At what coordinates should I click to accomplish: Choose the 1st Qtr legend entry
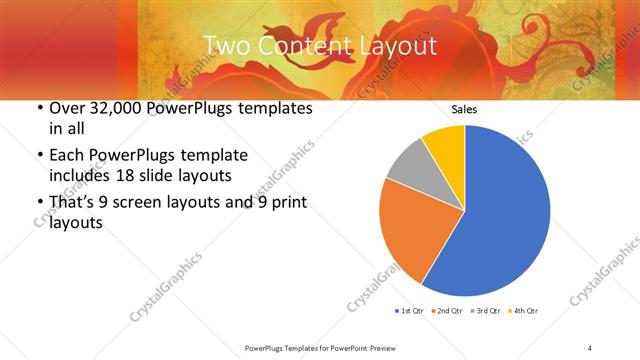[411, 311]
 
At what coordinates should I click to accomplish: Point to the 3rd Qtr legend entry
[485, 311]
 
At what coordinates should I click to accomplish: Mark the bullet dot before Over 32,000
[38, 108]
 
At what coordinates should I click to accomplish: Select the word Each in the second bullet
[68, 156]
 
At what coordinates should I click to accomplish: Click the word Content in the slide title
[300, 46]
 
